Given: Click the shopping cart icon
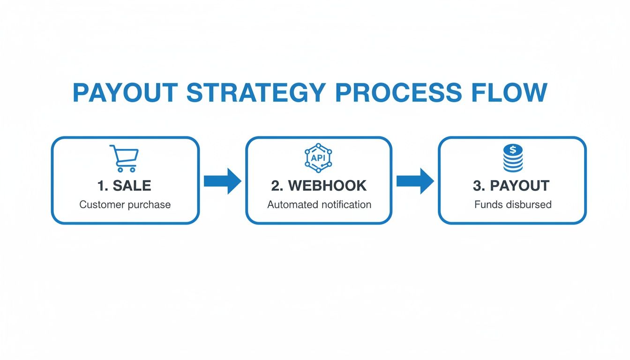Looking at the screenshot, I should (124, 158).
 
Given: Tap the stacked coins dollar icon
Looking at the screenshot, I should (513, 158).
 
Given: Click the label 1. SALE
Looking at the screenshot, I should (124, 186).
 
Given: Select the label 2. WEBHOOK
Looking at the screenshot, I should (319, 186).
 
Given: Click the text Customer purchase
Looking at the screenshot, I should (125, 205).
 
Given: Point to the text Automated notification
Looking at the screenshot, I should (319, 205).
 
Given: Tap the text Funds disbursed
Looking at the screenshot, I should (513, 205).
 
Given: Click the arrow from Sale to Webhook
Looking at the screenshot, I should (223, 181).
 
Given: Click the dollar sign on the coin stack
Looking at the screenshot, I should (513, 150).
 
